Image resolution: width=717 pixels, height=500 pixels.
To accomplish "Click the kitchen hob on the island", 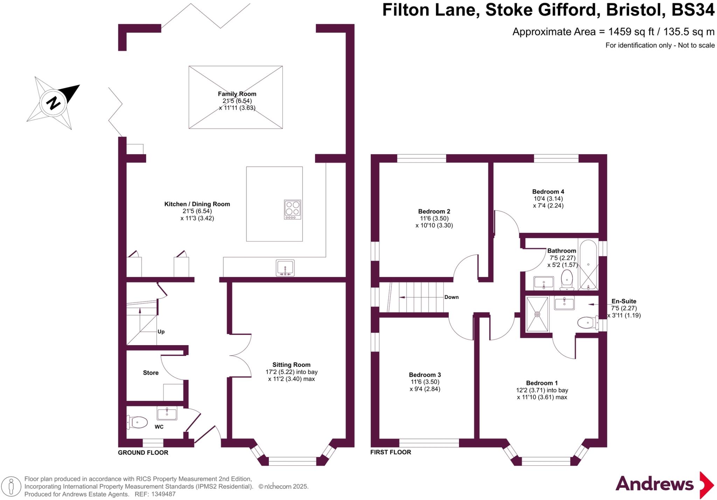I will click(x=292, y=210).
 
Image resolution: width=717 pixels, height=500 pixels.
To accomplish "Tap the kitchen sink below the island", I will click(x=285, y=268).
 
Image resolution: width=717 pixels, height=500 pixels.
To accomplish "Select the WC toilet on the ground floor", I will click(x=137, y=422).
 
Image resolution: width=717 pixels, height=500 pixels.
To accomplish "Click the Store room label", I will click(x=151, y=373).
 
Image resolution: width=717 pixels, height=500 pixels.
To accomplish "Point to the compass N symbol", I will click(x=54, y=103).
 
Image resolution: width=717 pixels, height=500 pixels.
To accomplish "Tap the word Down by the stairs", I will click(x=451, y=297).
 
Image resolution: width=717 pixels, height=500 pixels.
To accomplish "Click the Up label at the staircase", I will click(x=161, y=331).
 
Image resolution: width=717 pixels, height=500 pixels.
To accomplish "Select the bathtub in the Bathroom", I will click(x=588, y=265).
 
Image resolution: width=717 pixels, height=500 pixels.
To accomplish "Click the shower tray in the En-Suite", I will click(x=537, y=314).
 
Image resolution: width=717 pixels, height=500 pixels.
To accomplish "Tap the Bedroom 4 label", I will click(x=548, y=192).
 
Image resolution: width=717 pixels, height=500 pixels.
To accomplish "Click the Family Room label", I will click(x=237, y=94).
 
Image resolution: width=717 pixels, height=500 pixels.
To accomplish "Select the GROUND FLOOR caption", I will click(x=143, y=452).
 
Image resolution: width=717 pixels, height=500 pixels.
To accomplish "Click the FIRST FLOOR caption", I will click(x=390, y=452).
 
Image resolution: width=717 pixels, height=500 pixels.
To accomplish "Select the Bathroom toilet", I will click(x=566, y=280).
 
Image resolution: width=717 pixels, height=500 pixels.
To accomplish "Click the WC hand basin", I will click(x=167, y=413).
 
